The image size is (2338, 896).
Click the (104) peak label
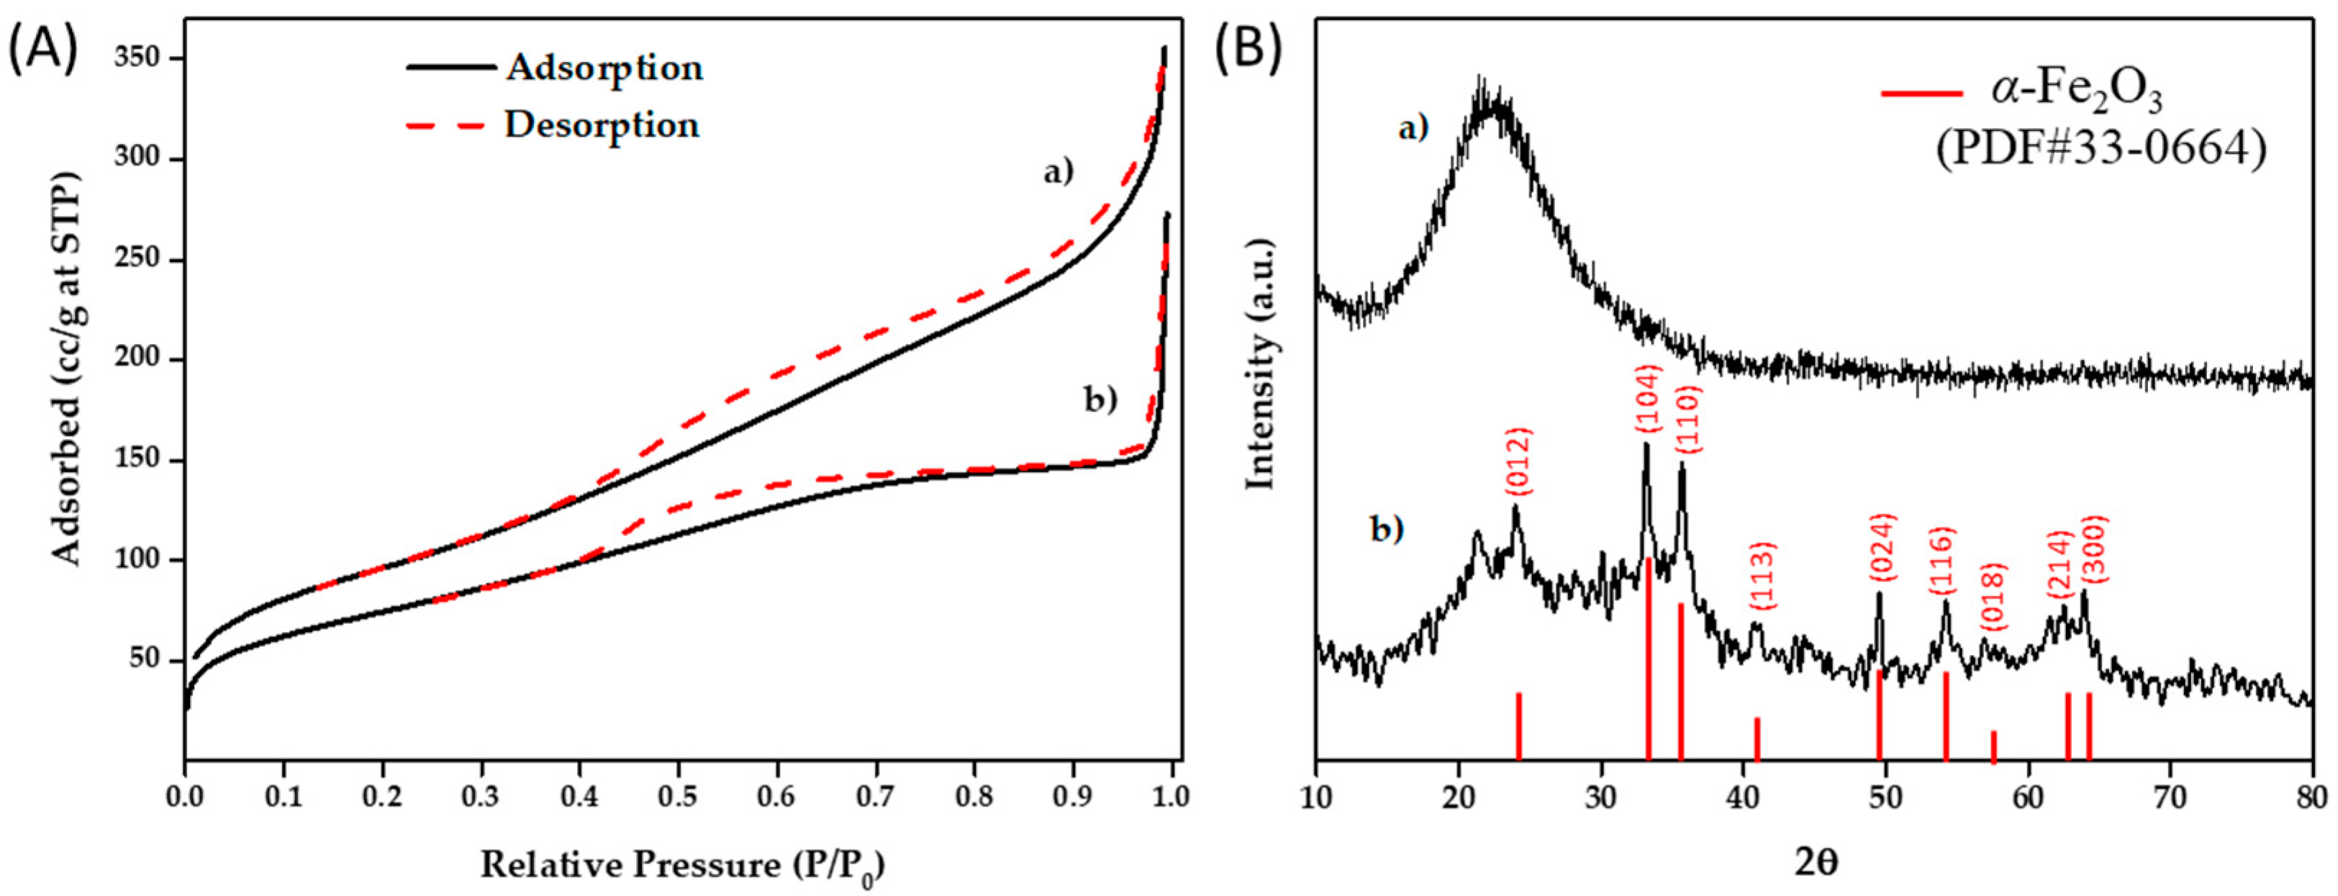pos(1647,399)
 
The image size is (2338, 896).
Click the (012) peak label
pos(1518,461)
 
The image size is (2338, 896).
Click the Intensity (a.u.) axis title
pos(1261,363)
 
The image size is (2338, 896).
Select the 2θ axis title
pos(1816,862)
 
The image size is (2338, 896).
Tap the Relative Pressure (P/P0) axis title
pos(681,865)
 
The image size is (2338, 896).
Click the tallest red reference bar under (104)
pos(1648,659)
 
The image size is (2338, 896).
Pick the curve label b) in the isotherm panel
pos(1101,399)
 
